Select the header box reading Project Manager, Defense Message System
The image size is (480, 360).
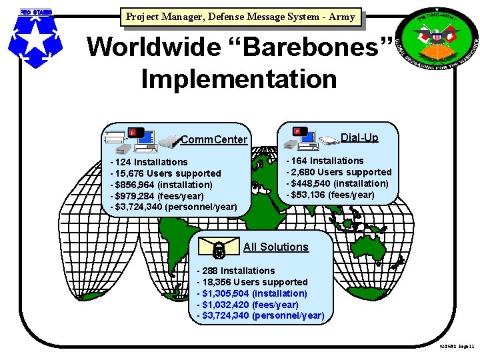pos(241,17)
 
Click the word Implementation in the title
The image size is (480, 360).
pos(239,79)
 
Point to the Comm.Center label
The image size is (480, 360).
pos(214,140)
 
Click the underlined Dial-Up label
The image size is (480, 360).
pos(359,138)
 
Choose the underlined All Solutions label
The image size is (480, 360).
pos(276,247)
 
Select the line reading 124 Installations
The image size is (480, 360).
pos(150,162)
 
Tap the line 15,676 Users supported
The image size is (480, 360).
pos(166,173)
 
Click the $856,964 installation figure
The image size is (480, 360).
pos(162,185)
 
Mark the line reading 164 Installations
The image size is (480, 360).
pos(326,161)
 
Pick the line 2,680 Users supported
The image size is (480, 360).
pos(339,172)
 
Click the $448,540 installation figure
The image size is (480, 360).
pos(338,183)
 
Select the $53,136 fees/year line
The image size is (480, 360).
pos(331,195)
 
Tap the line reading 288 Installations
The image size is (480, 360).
pos(237,271)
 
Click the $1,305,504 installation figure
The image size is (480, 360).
pos(253,293)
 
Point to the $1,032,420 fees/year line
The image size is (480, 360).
pos(249,305)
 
